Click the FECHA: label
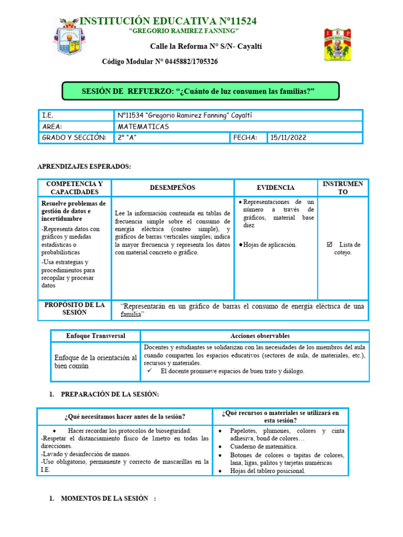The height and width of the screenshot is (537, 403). click(x=245, y=137)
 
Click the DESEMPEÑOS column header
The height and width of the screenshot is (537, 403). click(x=172, y=188)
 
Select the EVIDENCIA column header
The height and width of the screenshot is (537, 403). click(x=275, y=188)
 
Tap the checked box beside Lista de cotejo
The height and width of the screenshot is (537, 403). click(x=330, y=244)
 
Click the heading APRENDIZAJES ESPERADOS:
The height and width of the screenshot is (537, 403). click(x=84, y=166)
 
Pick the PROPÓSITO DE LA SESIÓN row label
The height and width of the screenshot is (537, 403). click(x=75, y=309)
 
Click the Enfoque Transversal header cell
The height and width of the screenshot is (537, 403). click(x=96, y=336)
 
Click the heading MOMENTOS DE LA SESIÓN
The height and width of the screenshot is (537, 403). click(x=105, y=499)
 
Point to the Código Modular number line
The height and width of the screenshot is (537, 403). click(x=160, y=62)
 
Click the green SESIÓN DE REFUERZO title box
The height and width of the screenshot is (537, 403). click(x=200, y=91)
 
